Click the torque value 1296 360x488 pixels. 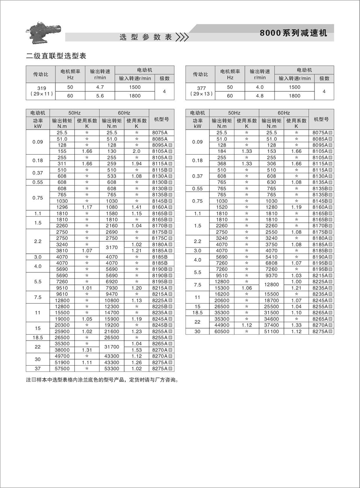62,207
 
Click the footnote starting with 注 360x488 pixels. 103,380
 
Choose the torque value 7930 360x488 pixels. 112,287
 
